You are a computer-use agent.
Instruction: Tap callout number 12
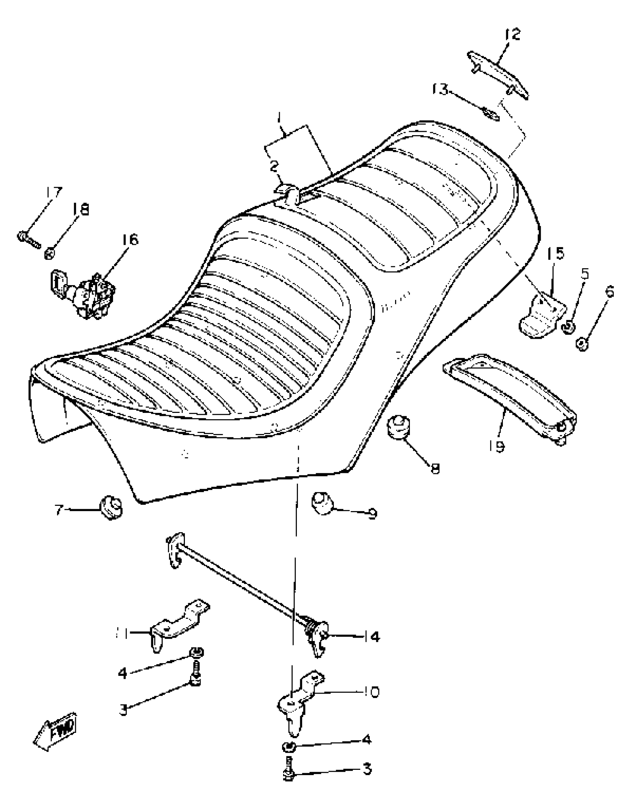pos(513,34)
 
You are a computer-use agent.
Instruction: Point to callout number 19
pos(497,446)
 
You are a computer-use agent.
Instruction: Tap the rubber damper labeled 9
pos(322,503)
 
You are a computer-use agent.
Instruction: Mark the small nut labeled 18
pos(50,254)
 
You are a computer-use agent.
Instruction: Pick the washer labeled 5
pos(568,327)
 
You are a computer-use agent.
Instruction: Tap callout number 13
pos(441,89)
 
